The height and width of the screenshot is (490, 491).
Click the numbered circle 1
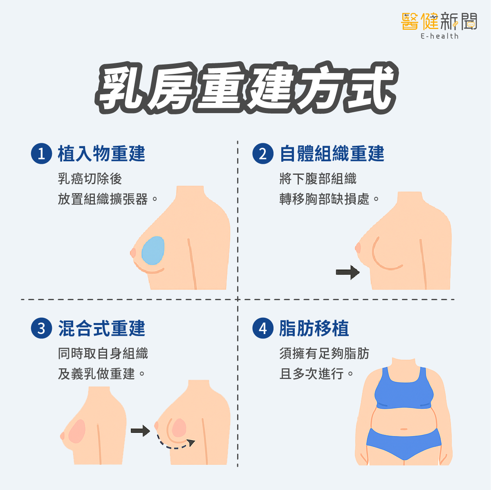[x=42, y=154]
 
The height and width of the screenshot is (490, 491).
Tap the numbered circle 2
[x=263, y=154]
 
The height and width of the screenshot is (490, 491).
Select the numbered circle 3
[x=42, y=328]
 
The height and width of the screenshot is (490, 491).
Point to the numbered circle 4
[x=263, y=328]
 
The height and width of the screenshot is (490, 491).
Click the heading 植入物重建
[x=101, y=154]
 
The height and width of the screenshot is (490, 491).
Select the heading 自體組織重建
[x=332, y=154]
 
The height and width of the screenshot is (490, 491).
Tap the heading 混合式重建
[x=101, y=328]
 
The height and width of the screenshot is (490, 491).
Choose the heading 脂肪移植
[x=314, y=328]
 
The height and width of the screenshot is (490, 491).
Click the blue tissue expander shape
[x=153, y=250]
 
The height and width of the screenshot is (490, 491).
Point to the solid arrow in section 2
[x=348, y=272]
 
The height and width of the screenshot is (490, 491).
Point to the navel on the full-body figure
[x=404, y=429]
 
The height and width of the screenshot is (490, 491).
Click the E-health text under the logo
[x=439, y=36]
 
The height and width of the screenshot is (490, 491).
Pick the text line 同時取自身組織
[x=103, y=353]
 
